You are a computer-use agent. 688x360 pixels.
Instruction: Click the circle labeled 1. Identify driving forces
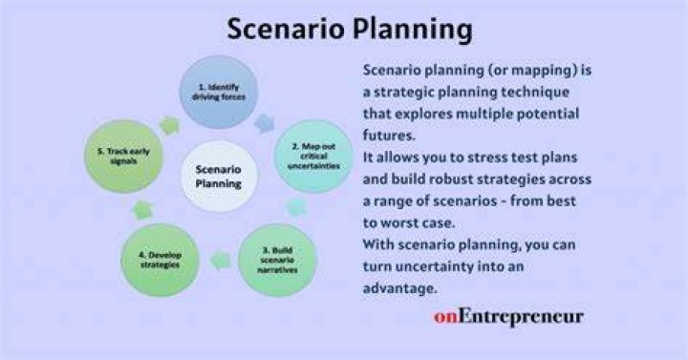coord(219,92)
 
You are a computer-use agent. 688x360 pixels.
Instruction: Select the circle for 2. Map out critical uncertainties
coord(313,156)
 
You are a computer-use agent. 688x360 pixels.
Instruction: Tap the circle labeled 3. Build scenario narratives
coord(277,260)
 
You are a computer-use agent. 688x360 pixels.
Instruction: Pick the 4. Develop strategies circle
coord(161,260)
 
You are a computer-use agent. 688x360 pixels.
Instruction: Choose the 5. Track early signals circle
coord(123,156)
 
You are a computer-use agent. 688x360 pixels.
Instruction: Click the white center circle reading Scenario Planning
coord(219,177)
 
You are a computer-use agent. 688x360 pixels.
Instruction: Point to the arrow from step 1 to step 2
coord(265,123)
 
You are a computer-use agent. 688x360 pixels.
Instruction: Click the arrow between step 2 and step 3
coord(296,207)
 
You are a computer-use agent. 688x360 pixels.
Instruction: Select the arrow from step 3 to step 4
coord(221,261)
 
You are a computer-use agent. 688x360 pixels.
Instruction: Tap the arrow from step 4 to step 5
coord(142,210)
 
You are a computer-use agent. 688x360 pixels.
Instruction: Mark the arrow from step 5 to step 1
coord(169,125)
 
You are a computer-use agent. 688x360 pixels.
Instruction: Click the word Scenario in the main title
coord(286,29)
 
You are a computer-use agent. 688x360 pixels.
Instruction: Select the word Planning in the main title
coord(413,30)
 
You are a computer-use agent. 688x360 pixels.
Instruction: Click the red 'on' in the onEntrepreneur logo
coord(446,317)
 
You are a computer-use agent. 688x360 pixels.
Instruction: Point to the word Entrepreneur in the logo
coord(521,317)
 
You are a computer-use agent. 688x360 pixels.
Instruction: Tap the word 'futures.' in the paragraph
coord(389,136)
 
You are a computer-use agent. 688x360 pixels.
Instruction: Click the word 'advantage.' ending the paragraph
coord(399,288)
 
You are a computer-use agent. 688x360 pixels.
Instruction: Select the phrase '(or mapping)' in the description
coord(501,70)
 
